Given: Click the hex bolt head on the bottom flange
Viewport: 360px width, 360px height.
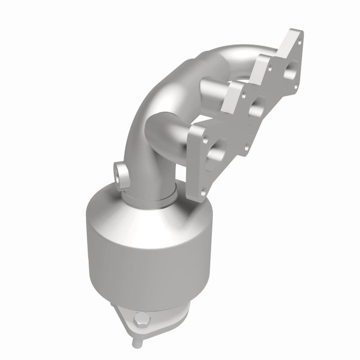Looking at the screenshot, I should click(x=140, y=319).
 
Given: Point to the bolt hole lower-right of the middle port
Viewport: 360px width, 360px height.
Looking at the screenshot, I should click(x=246, y=148).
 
